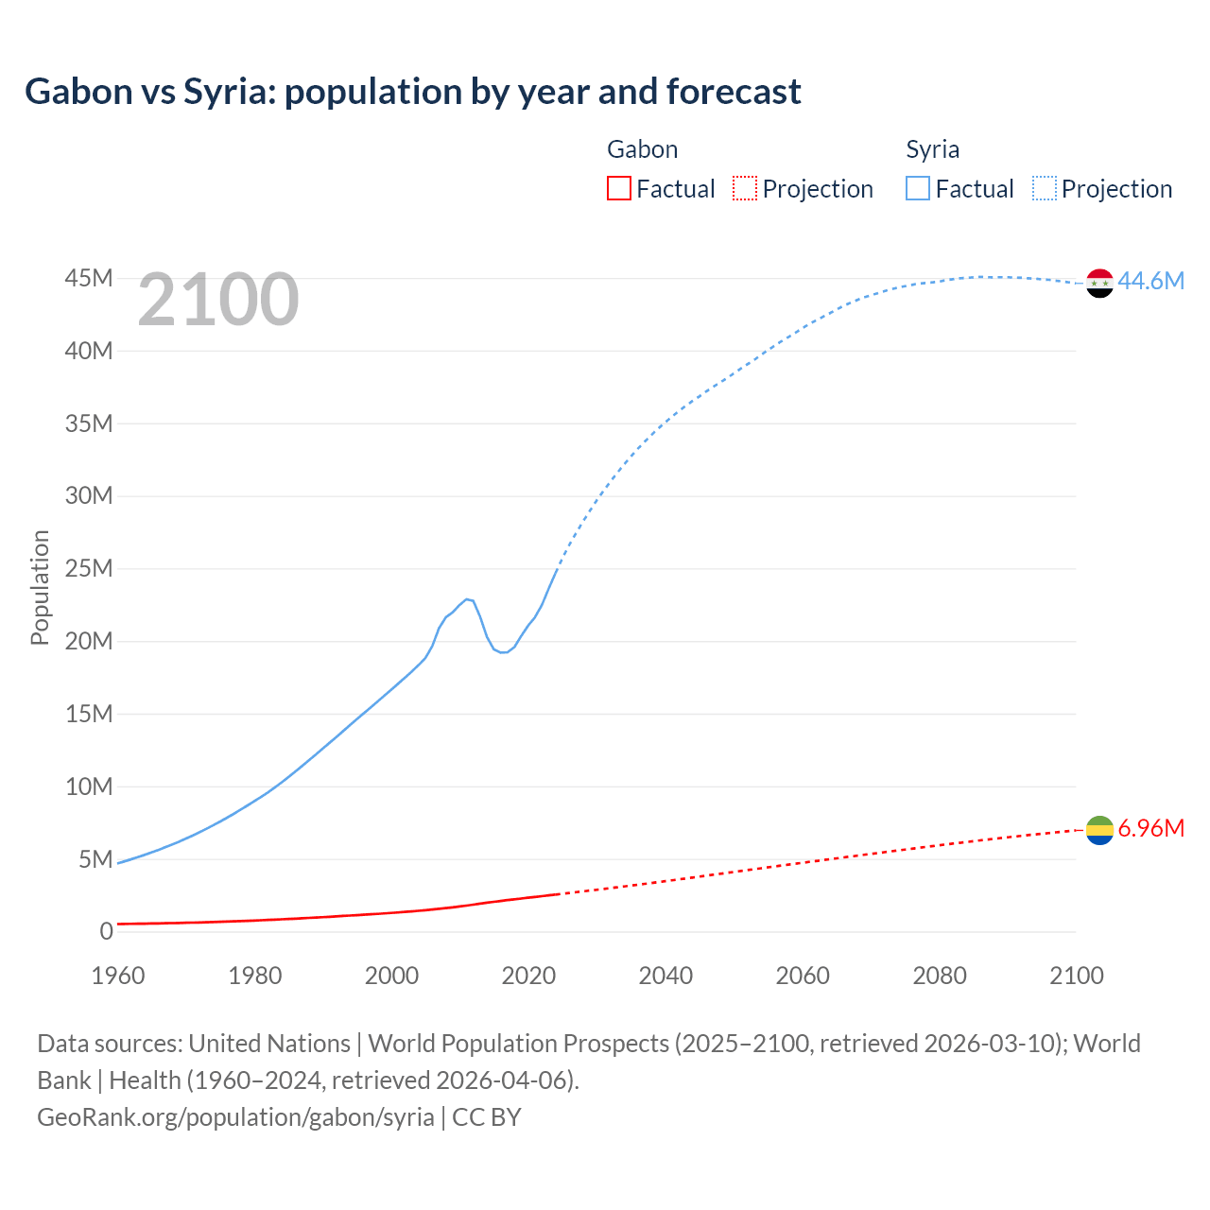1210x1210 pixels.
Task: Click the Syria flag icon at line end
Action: [x=1099, y=283]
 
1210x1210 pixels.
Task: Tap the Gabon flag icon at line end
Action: [x=1099, y=830]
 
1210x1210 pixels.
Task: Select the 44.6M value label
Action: [x=1150, y=281]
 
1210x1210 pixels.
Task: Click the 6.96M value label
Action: [x=1150, y=828]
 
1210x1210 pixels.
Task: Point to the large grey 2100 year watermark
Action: [x=218, y=300]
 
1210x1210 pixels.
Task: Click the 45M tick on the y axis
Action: [x=89, y=278]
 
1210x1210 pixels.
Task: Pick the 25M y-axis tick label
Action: [x=89, y=568]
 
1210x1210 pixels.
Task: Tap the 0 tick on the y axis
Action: [x=106, y=931]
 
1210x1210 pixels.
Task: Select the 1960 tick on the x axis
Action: [x=118, y=976]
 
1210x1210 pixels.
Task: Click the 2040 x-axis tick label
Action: [x=665, y=976]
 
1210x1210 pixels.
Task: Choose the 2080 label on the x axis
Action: [x=940, y=976]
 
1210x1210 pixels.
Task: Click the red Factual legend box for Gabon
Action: [x=619, y=188]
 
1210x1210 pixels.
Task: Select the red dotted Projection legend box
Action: [x=745, y=188]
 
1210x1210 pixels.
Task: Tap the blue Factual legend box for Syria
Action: [x=918, y=188]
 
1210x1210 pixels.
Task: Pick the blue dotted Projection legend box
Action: [x=1045, y=188]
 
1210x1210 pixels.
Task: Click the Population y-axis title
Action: [x=40, y=587]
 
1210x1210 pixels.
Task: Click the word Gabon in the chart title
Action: [x=79, y=92]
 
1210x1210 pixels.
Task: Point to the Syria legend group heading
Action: [x=932, y=149]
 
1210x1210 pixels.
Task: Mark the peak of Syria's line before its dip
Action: [x=467, y=598]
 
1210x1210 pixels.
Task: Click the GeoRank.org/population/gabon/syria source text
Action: [x=235, y=1116]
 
